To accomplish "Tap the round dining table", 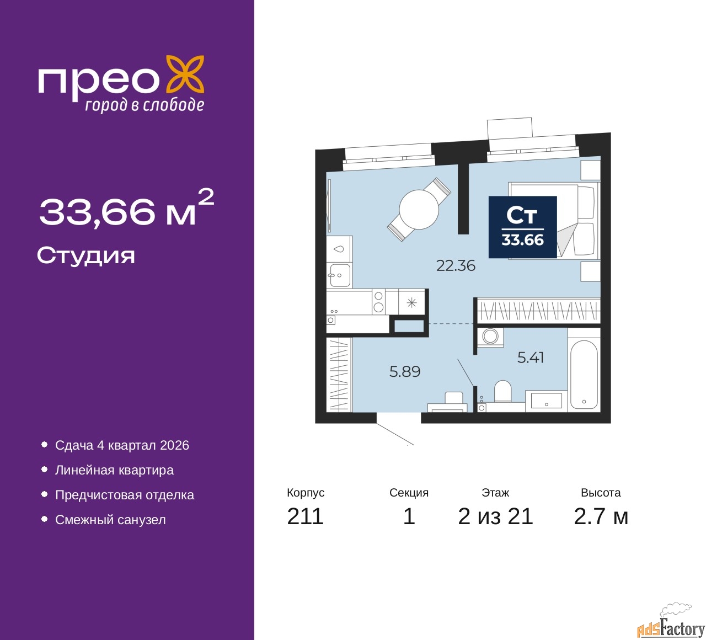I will click(x=419, y=210).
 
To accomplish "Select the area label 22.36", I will click(x=456, y=266).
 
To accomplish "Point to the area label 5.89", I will click(x=405, y=372).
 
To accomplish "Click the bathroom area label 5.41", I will click(x=531, y=358).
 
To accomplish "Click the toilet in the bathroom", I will click(x=502, y=391).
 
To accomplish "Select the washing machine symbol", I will click(x=490, y=336).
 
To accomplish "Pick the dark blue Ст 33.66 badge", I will click(x=523, y=227).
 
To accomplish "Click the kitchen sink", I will click(x=339, y=274).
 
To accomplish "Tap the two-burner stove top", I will click(x=378, y=302).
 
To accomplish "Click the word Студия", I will click(x=86, y=256).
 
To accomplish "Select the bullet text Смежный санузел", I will click(x=110, y=520).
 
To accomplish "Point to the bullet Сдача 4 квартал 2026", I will click(x=122, y=445).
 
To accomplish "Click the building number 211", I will click(x=305, y=516).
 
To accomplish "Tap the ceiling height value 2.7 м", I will click(x=601, y=516).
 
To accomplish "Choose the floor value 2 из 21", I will click(x=495, y=516).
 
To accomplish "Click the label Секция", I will click(x=409, y=493).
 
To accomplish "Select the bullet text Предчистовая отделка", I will click(x=125, y=495).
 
